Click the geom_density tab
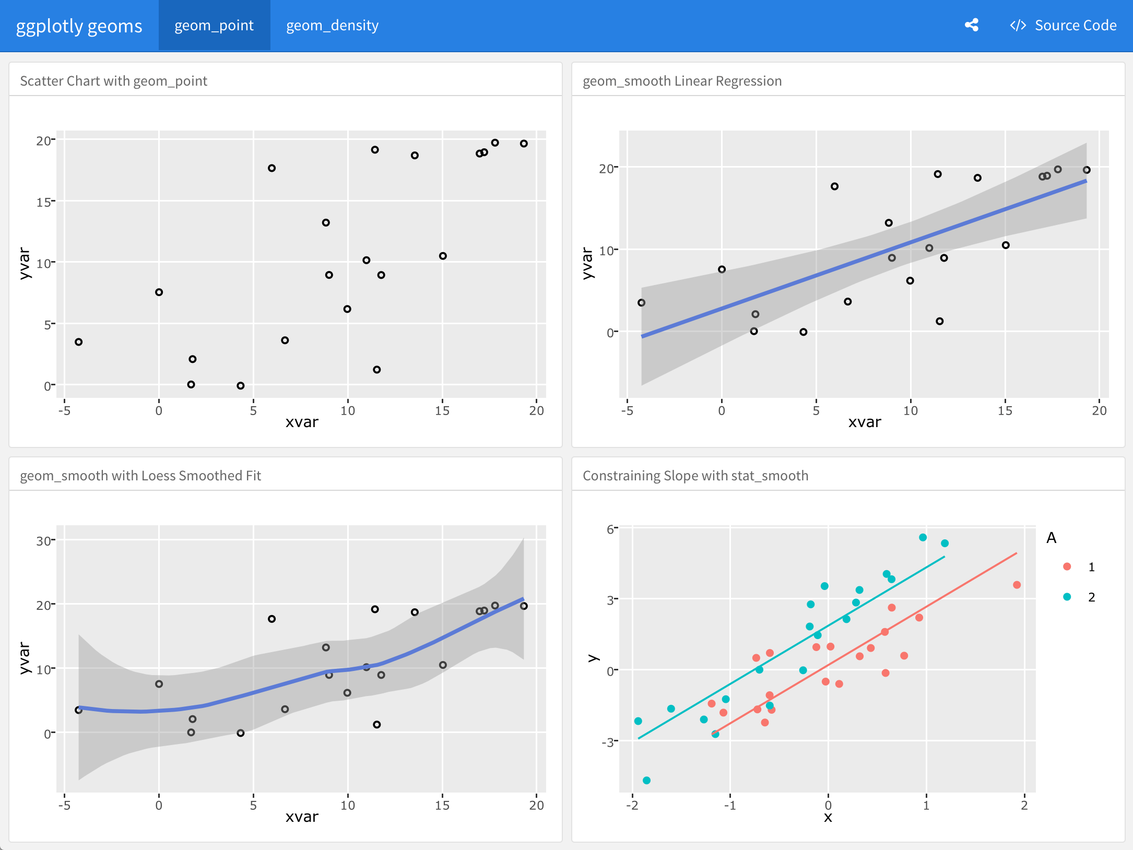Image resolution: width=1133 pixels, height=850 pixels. tap(332, 25)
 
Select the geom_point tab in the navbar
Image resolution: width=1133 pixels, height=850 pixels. tap(214, 25)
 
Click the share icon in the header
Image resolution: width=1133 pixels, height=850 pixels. tap(971, 25)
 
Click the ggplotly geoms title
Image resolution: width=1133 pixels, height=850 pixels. tap(79, 26)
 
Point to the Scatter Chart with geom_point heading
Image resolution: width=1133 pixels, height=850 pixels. tap(113, 81)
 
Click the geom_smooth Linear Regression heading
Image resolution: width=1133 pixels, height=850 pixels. tap(682, 81)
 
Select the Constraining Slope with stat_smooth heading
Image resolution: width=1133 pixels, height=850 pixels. tap(695, 476)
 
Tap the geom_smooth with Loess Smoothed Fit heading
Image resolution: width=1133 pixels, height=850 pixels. tap(140, 476)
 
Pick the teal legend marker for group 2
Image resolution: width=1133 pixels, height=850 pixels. tap(1067, 597)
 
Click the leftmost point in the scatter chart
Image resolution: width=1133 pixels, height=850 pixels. tap(79, 342)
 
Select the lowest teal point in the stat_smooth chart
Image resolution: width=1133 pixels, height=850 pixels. tap(646, 780)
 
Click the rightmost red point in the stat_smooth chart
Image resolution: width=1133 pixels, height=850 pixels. tap(1017, 585)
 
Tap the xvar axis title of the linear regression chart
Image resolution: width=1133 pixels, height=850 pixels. tap(864, 422)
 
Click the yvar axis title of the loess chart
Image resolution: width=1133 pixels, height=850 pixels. tap(24, 658)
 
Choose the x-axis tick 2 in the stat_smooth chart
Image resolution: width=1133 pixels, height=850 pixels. tap(1024, 805)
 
